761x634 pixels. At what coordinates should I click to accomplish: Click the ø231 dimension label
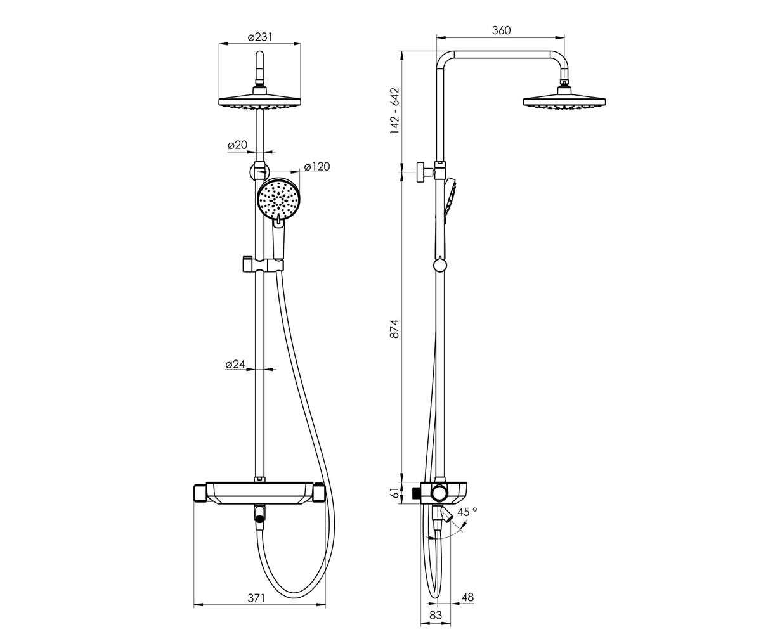point(260,37)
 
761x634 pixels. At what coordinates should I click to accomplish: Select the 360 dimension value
point(501,30)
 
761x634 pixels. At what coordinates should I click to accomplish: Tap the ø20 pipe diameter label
point(237,145)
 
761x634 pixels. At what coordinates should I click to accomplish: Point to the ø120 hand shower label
point(316,167)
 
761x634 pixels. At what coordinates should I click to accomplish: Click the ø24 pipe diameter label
point(235,364)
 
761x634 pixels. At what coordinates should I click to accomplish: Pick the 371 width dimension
point(257,598)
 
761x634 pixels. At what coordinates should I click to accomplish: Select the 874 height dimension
point(394,328)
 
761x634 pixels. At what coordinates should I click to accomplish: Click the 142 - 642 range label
point(394,111)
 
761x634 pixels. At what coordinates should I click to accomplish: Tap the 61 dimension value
point(394,493)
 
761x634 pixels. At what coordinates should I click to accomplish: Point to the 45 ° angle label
point(467,512)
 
